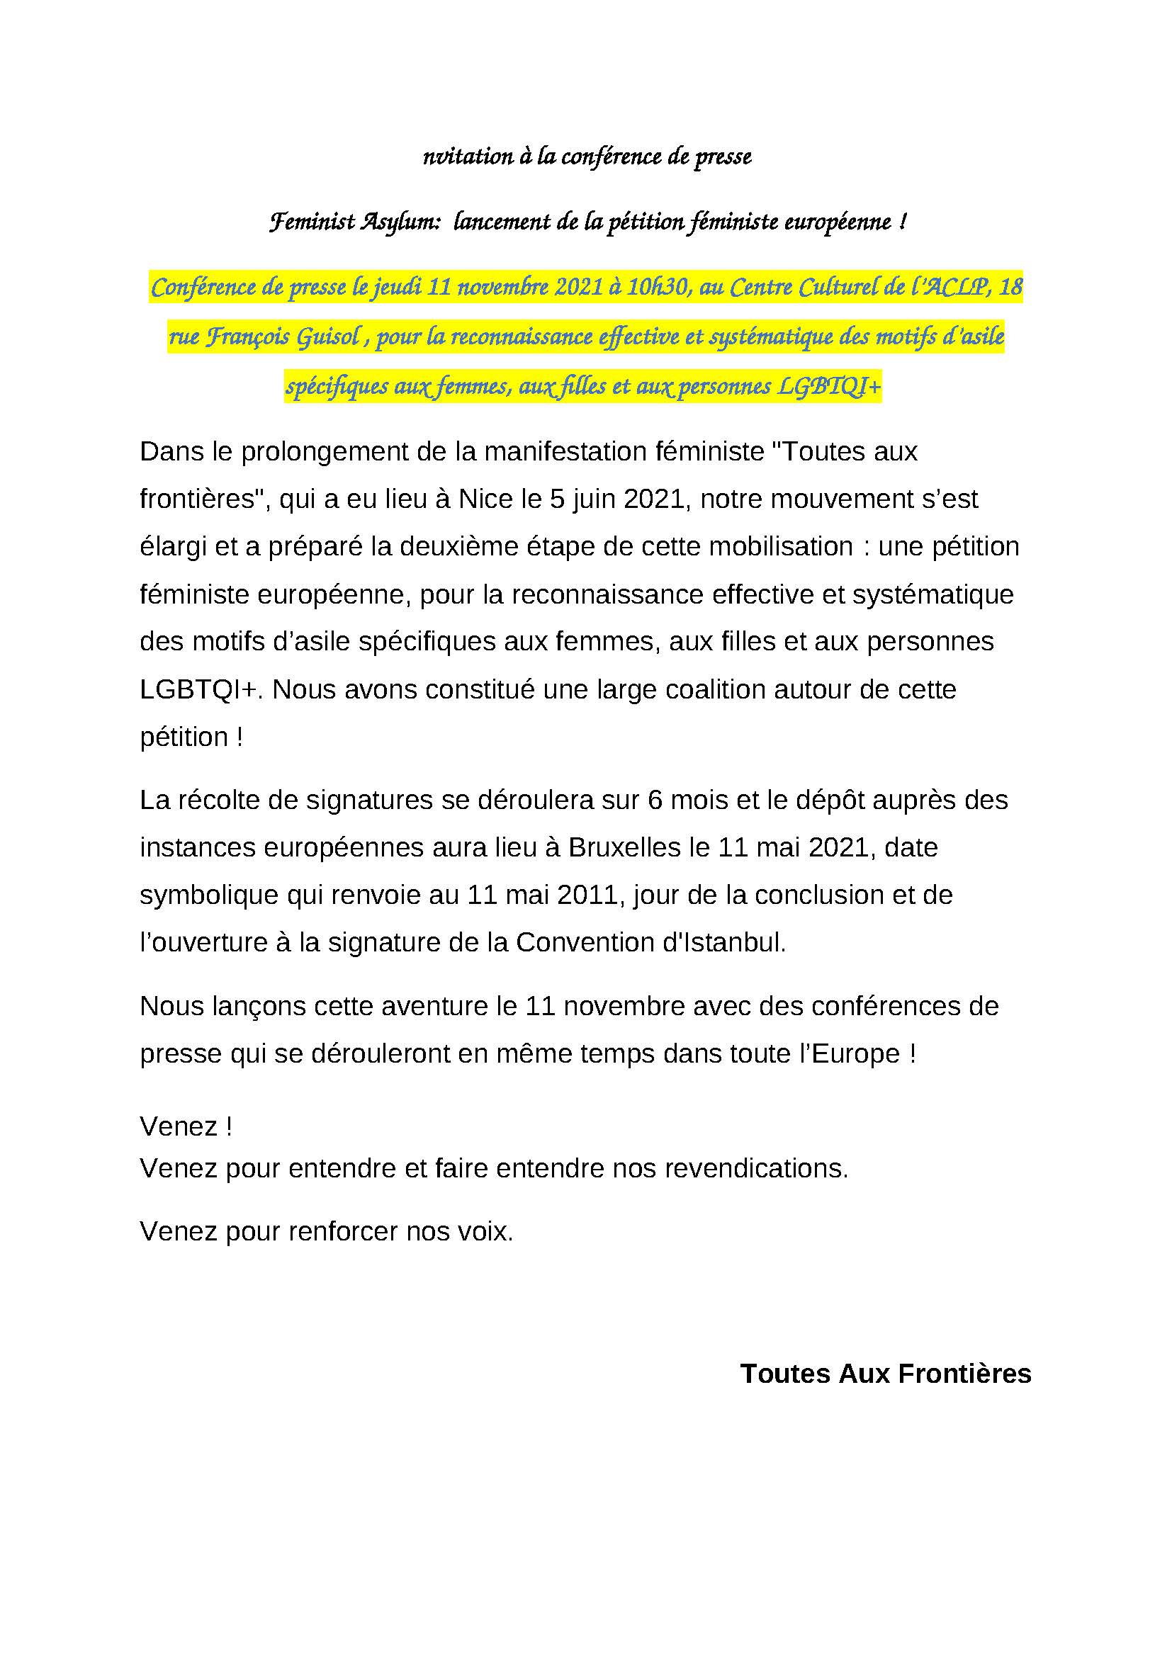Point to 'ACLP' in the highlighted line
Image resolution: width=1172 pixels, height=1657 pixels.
tap(952, 288)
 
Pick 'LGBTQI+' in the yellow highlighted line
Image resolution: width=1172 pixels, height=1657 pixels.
tap(829, 388)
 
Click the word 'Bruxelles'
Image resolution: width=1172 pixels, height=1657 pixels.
tap(624, 847)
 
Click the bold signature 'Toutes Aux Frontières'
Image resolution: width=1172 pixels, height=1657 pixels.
tap(886, 1374)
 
